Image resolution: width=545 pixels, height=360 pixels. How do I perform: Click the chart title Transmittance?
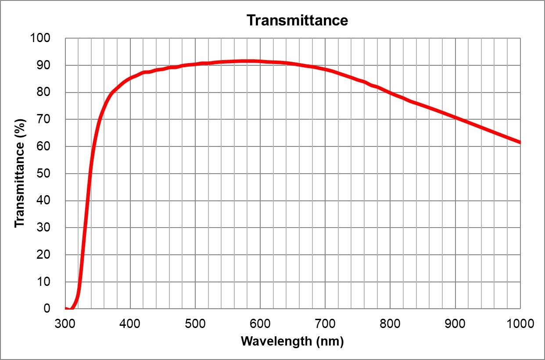(x=297, y=20)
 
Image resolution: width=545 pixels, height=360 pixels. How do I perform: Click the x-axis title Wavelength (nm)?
(x=292, y=342)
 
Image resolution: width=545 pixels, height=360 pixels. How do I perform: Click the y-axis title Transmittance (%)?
(x=19, y=174)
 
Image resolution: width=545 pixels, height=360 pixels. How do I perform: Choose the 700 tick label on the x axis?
(x=325, y=324)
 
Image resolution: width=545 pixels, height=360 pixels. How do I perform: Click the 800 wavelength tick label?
(x=390, y=324)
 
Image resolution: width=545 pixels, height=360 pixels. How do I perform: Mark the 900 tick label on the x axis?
(x=455, y=324)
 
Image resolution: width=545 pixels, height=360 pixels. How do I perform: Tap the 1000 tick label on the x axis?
(x=520, y=324)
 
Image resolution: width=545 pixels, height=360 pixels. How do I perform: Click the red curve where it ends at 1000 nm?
(x=519, y=142)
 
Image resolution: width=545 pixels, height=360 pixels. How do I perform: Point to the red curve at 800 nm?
(x=390, y=93)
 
